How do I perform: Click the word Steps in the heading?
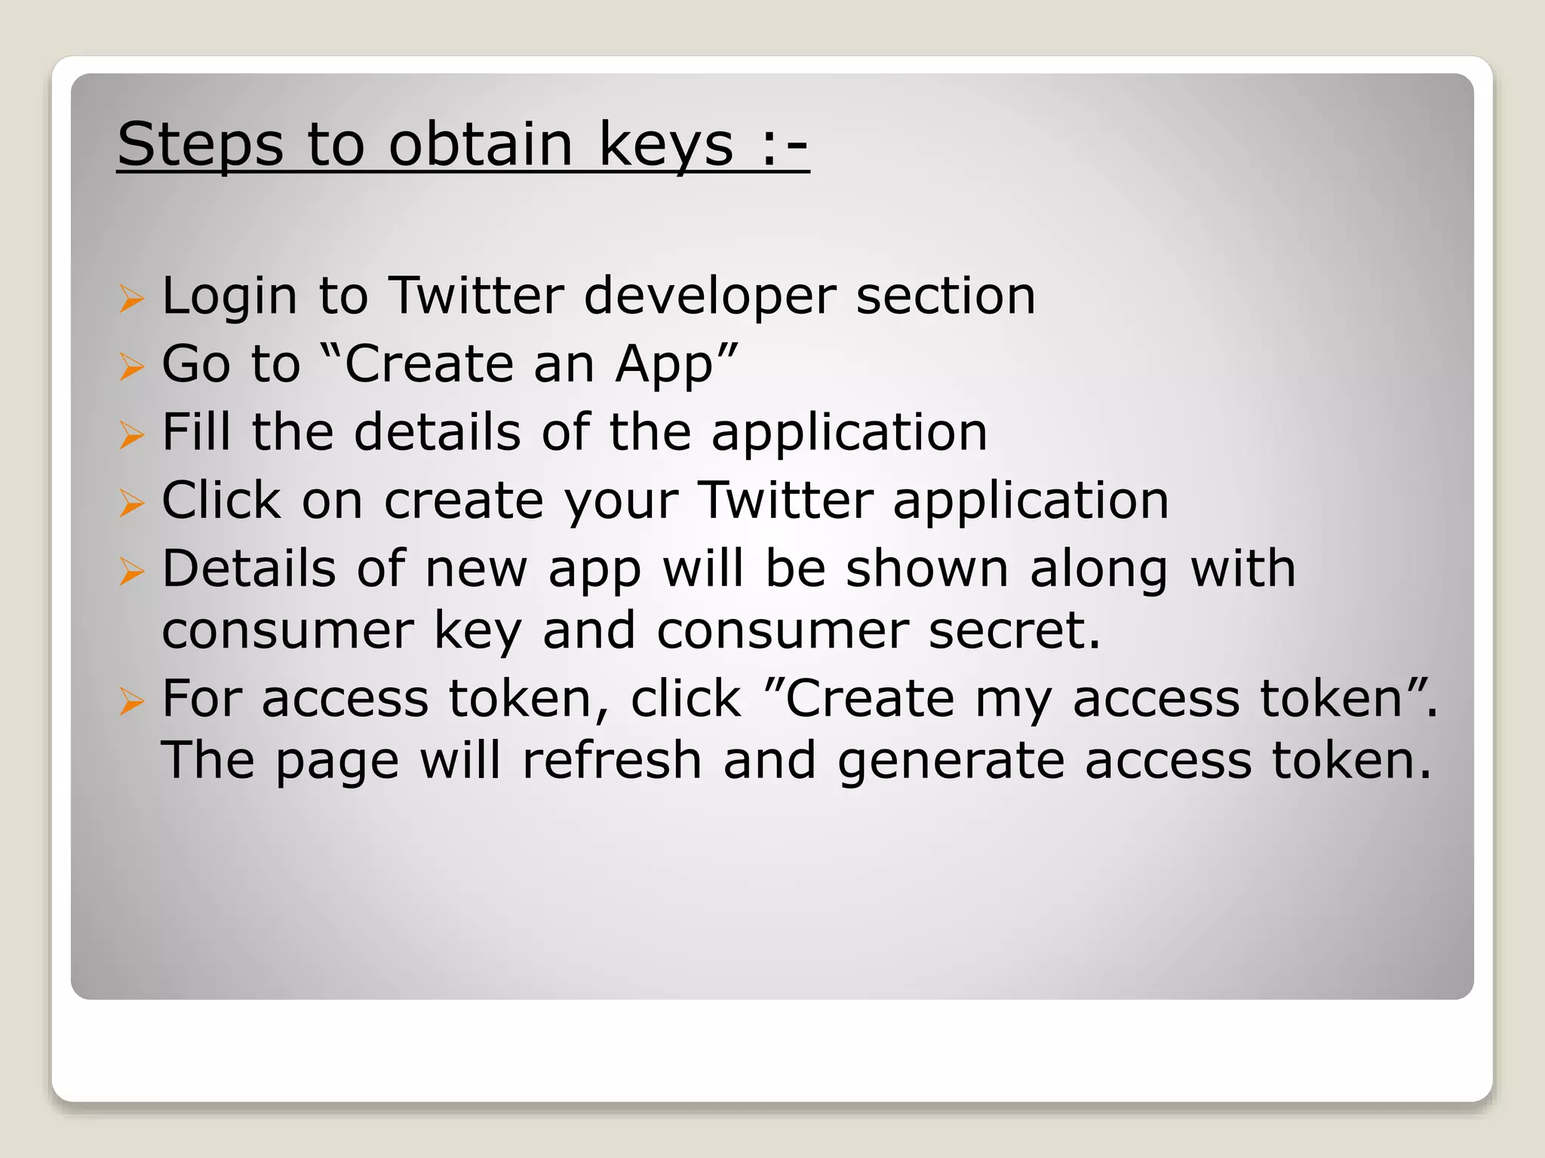tap(201, 145)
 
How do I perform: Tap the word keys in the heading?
tap(665, 145)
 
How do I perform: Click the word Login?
tap(229, 296)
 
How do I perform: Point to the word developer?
tap(710, 296)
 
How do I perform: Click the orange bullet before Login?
tap(131, 299)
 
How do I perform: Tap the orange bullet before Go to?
tap(131, 367)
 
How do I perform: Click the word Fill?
tap(196, 432)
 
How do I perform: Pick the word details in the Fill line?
tap(437, 432)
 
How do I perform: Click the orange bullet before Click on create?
tap(131, 503)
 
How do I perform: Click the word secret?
tap(1013, 630)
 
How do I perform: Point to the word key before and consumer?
tap(477, 632)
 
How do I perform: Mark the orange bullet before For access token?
tap(131, 703)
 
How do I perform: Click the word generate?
tap(950, 761)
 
